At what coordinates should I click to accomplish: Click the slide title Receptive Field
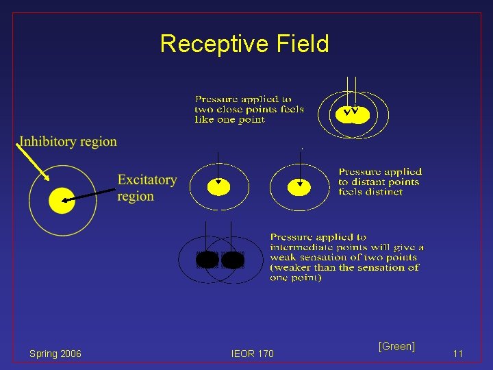click(244, 44)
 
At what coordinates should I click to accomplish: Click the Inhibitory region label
click(68, 142)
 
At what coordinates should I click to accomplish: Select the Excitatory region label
click(147, 188)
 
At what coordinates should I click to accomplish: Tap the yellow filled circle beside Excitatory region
click(62, 200)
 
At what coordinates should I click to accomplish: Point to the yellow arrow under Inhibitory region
click(32, 161)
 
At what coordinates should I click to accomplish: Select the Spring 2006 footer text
click(55, 354)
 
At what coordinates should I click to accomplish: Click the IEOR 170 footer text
click(252, 354)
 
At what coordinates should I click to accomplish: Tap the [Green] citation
click(396, 346)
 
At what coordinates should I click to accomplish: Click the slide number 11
click(458, 354)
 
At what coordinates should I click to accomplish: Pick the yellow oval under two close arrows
click(353, 114)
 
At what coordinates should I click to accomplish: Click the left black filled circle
click(207, 260)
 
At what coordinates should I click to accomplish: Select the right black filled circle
click(233, 260)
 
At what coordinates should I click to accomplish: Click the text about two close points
click(249, 110)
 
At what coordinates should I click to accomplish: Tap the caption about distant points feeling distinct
click(379, 182)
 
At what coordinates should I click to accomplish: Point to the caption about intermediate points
click(346, 257)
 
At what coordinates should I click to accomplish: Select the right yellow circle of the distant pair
click(299, 187)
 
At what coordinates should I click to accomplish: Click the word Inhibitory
click(47, 142)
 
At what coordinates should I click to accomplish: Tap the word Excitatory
click(147, 180)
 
